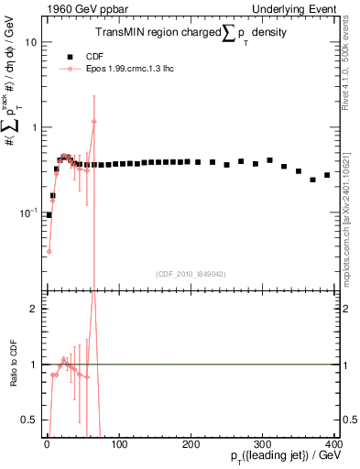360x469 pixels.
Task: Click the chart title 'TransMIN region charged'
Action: pyautogui.click(x=151, y=33)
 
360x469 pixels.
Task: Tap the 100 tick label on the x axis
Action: pyautogui.click(x=119, y=444)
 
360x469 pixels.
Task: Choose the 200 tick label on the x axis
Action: pyautogui.click(x=191, y=444)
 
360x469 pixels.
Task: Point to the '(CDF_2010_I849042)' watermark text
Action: pyautogui.click(x=190, y=273)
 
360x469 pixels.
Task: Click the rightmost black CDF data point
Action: pyautogui.click(x=327, y=175)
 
